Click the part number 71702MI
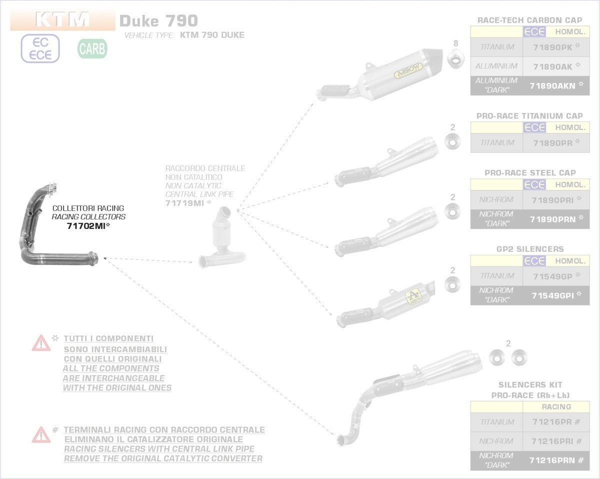(x=88, y=226)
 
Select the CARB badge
(x=92, y=48)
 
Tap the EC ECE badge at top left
(x=40, y=48)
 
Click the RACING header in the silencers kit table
(x=556, y=407)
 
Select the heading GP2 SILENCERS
(x=530, y=249)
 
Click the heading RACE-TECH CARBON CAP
(x=530, y=20)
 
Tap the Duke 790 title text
(x=158, y=21)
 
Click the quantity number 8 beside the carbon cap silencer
(x=455, y=43)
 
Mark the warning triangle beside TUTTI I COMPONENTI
(x=41, y=343)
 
